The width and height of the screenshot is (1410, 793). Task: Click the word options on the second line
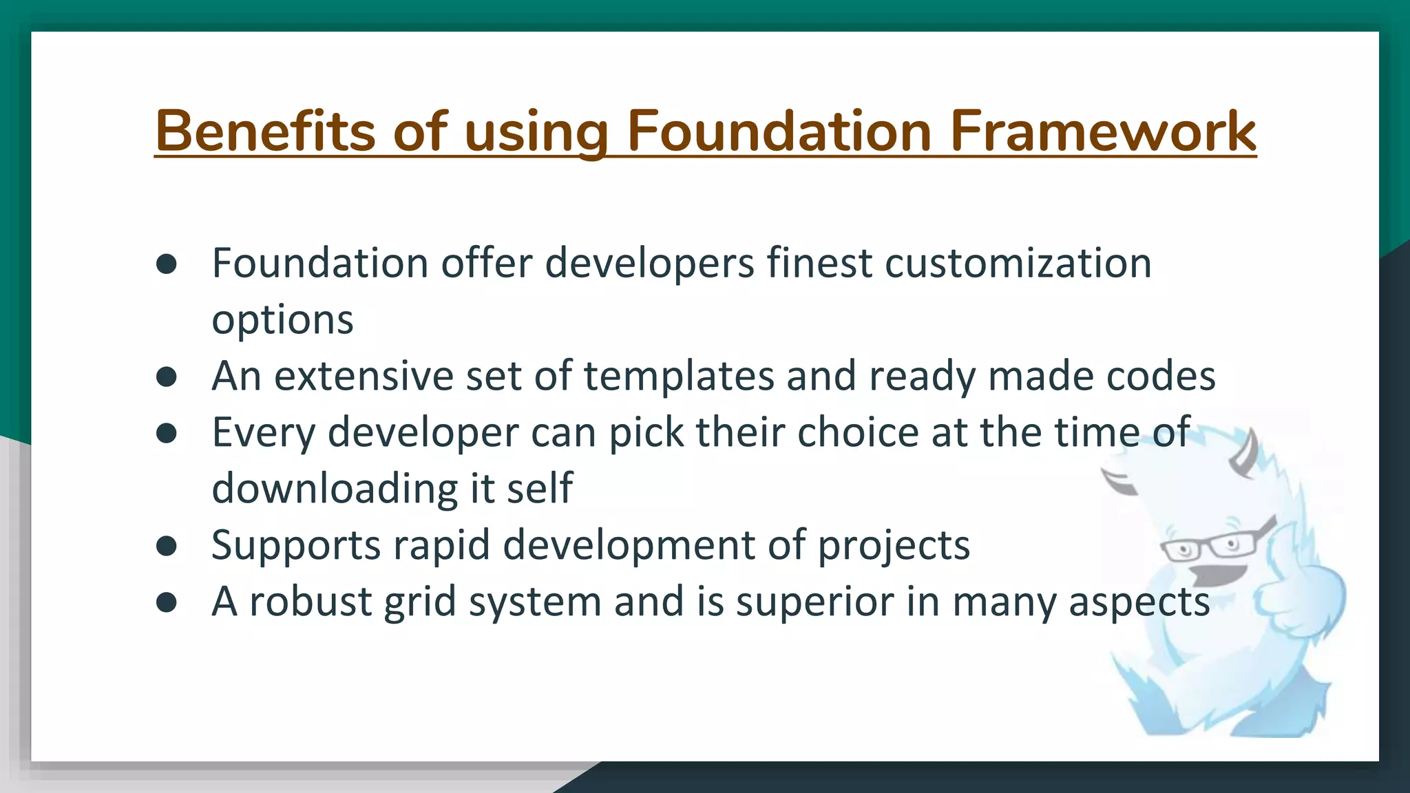pyautogui.click(x=282, y=321)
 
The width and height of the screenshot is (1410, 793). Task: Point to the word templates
pyautogui.click(x=679, y=377)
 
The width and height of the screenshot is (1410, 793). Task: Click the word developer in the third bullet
pyautogui.click(x=423, y=433)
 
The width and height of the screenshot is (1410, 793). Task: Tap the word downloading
pyautogui.click(x=335, y=489)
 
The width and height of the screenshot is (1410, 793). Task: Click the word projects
pyautogui.click(x=894, y=547)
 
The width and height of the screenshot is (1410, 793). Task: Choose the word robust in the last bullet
pyautogui.click(x=310, y=602)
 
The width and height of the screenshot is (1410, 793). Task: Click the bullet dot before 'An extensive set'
pyautogui.click(x=167, y=377)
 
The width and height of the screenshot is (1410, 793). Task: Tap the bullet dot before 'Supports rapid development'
pyautogui.click(x=167, y=546)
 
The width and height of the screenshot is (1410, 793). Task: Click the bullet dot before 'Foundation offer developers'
pyautogui.click(x=167, y=264)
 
